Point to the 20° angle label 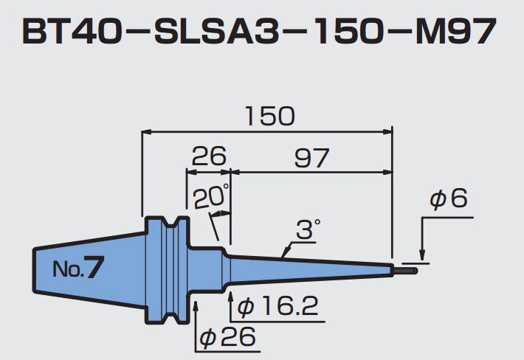click(x=211, y=197)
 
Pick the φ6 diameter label click(x=449, y=199)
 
